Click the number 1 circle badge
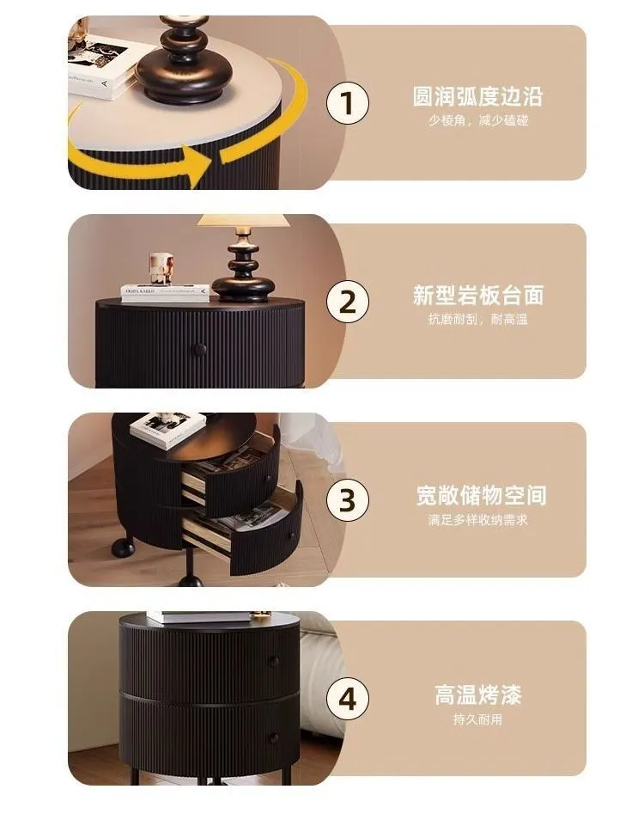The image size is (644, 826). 347,104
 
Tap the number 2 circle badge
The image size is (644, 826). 347,303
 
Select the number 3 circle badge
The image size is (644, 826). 347,501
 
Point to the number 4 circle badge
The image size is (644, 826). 347,699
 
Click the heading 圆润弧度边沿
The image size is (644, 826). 477,96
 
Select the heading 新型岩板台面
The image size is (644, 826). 477,296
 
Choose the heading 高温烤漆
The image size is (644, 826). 477,694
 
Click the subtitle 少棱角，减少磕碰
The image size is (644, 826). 477,120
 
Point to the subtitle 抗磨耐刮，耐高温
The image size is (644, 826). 477,320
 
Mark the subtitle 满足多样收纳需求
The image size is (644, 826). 477,519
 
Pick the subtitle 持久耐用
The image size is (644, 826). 477,719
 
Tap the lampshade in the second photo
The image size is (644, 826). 243,221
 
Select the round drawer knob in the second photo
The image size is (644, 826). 198,349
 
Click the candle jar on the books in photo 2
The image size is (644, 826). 161,268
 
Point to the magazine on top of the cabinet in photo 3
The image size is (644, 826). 167,428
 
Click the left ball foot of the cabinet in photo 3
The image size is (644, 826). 121,547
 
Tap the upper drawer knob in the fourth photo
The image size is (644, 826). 274,661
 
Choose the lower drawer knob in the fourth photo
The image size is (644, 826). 274,738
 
